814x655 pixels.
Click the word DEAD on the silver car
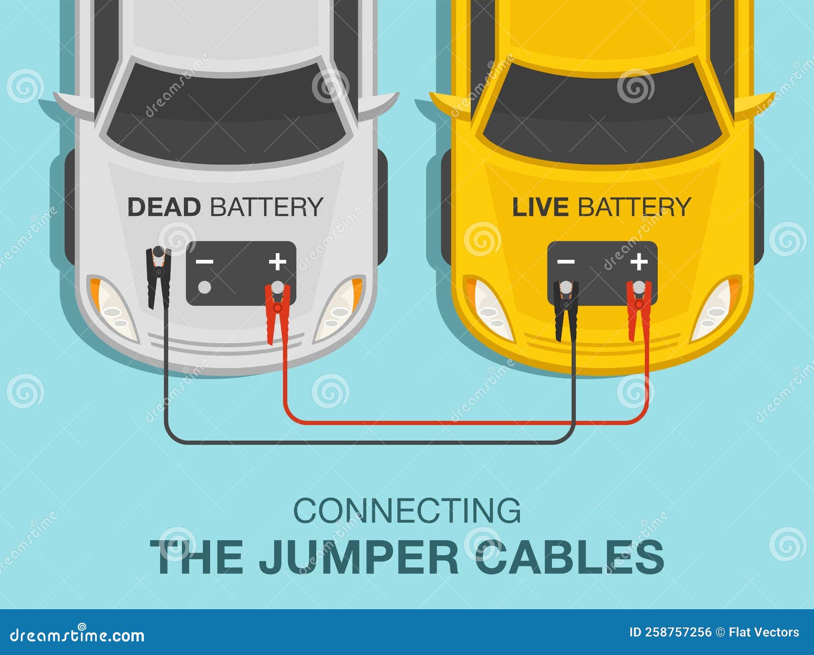click(164, 207)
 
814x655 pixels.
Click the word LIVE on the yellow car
click(540, 207)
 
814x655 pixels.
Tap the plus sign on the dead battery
click(278, 261)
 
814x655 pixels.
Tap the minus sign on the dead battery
click(205, 261)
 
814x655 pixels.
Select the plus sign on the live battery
click(639, 261)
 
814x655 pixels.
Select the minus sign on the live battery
click(566, 261)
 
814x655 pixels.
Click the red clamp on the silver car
click(277, 310)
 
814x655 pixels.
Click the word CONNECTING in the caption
click(407, 511)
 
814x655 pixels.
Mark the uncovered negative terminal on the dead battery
click(205, 287)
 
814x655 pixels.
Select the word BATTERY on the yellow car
click(633, 207)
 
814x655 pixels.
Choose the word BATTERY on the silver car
click(266, 207)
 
